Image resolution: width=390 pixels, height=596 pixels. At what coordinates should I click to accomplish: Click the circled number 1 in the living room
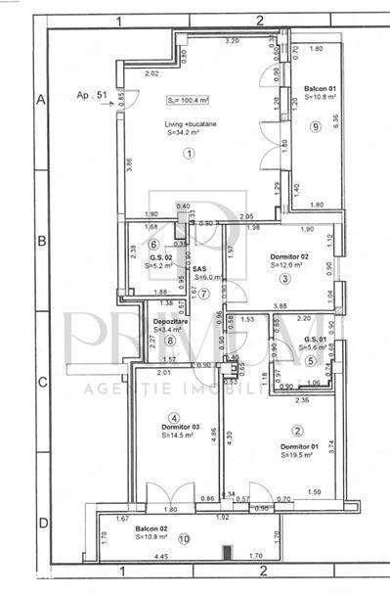(x=188, y=153)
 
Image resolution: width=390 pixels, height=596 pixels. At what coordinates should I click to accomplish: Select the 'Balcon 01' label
(x=320, y=88)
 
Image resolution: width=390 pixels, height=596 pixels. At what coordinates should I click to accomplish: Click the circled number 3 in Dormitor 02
(x=284, y=279)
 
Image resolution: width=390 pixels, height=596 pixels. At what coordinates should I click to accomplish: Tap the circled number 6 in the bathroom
(x=152, y=244)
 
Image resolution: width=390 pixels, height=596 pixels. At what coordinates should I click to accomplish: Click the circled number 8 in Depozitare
(x=170, y=341)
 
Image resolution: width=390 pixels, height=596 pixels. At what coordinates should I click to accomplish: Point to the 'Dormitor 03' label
(x=181, y=427)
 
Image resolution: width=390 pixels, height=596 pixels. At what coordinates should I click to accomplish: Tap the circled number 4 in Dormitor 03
(x=174, y=416)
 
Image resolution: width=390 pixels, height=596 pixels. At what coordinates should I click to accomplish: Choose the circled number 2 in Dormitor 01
(x=296, y=431)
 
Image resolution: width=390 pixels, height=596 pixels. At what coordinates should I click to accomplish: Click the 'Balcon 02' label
(x=152, y=527)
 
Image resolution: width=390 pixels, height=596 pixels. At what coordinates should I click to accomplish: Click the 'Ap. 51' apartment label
(x=92, y=95)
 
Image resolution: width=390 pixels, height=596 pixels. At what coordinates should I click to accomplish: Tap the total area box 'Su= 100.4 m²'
(x=188, y=100)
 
